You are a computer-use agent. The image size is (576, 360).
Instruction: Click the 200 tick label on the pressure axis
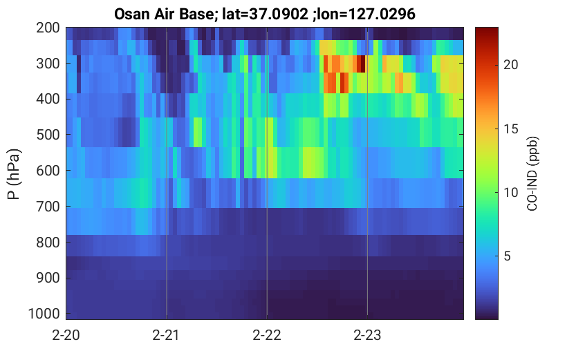(x=48, y=28)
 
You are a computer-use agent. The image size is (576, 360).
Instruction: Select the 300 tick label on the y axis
(x=48, y=64)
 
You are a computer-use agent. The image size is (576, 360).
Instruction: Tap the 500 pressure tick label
(x=48, y=135)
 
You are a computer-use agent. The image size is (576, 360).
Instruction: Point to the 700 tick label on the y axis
(x=48, y=206)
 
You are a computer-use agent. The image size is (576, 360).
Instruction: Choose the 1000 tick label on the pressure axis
(x=44, y=314)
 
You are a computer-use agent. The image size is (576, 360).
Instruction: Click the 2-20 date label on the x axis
(x=66, y=335)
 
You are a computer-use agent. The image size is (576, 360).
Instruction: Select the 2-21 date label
(x=167, y=335)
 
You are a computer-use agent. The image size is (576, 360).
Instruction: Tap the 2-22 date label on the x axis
(x=267, y=335)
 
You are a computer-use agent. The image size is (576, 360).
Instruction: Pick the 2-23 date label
(x=367, y=335)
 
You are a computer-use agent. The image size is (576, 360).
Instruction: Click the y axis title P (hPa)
(x=14, y=174)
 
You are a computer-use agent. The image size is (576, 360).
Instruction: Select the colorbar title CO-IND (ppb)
(x=532, y=174)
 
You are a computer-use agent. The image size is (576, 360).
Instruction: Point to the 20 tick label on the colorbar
(x=510, y=64)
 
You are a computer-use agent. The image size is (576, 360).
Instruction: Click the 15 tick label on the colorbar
(x=510, y=129)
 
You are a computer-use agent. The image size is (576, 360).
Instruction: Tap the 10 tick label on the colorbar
(x=510, y=192)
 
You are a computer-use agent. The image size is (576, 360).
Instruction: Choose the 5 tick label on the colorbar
(x=508, y=256)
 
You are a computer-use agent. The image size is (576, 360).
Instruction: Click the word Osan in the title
(x=130, y=15)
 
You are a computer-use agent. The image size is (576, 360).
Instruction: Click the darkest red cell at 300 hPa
(x=362, y=64)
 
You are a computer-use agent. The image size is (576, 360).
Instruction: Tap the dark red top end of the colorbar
(x=487, y=30)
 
